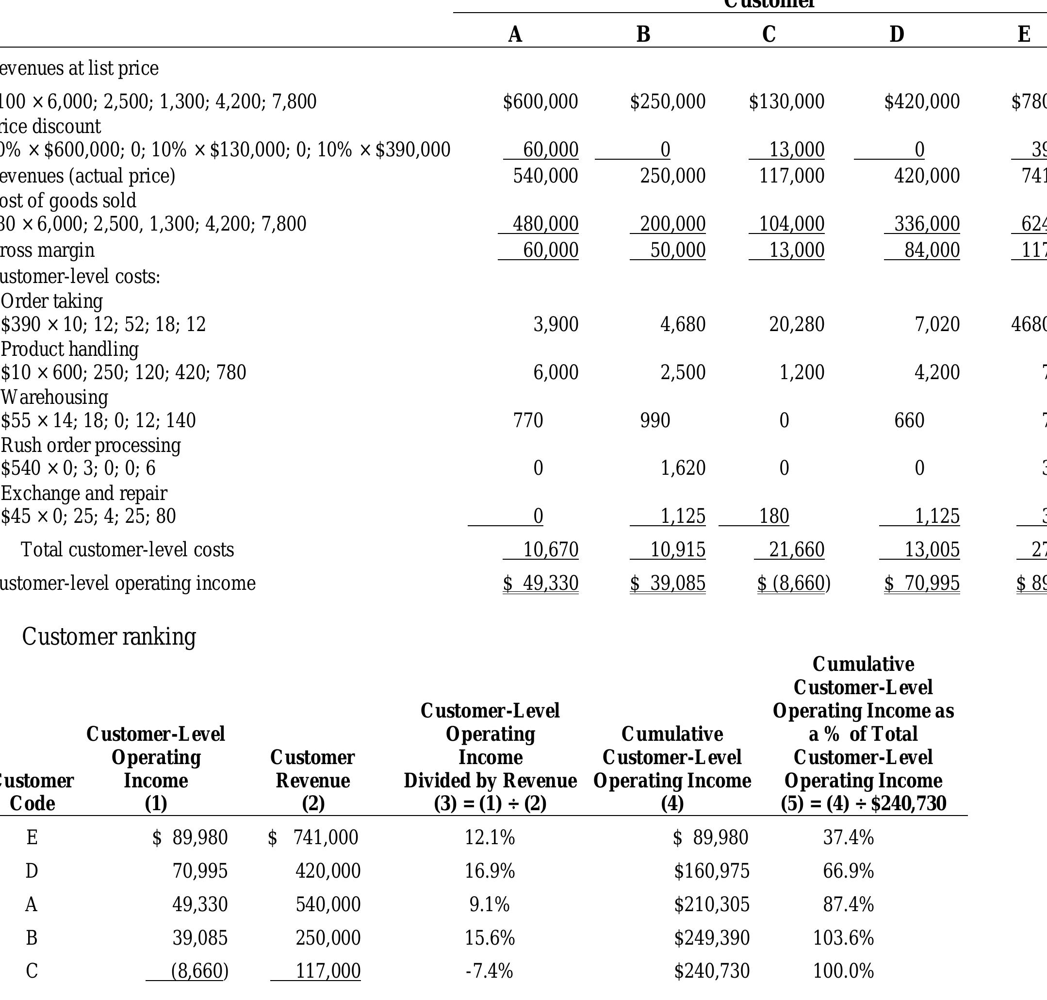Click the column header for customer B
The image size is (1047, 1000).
643,34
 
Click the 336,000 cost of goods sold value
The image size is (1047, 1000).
927,224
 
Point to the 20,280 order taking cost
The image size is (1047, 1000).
796,324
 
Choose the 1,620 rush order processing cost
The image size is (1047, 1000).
683,468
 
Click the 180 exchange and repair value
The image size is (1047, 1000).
774,516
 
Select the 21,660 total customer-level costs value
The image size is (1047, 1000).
796,550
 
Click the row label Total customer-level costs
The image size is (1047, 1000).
127,550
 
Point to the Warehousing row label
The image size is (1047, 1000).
54,397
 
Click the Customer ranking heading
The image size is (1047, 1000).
109,636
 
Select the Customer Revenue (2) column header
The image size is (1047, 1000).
312,780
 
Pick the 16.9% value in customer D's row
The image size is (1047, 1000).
489,871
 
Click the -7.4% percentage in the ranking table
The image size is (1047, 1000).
489,971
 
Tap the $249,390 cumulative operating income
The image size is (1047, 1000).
711,938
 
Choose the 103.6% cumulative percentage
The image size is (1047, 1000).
843,938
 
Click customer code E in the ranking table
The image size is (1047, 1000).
32,837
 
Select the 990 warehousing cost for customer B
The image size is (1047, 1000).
655,420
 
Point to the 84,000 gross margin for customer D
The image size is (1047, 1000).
932,250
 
